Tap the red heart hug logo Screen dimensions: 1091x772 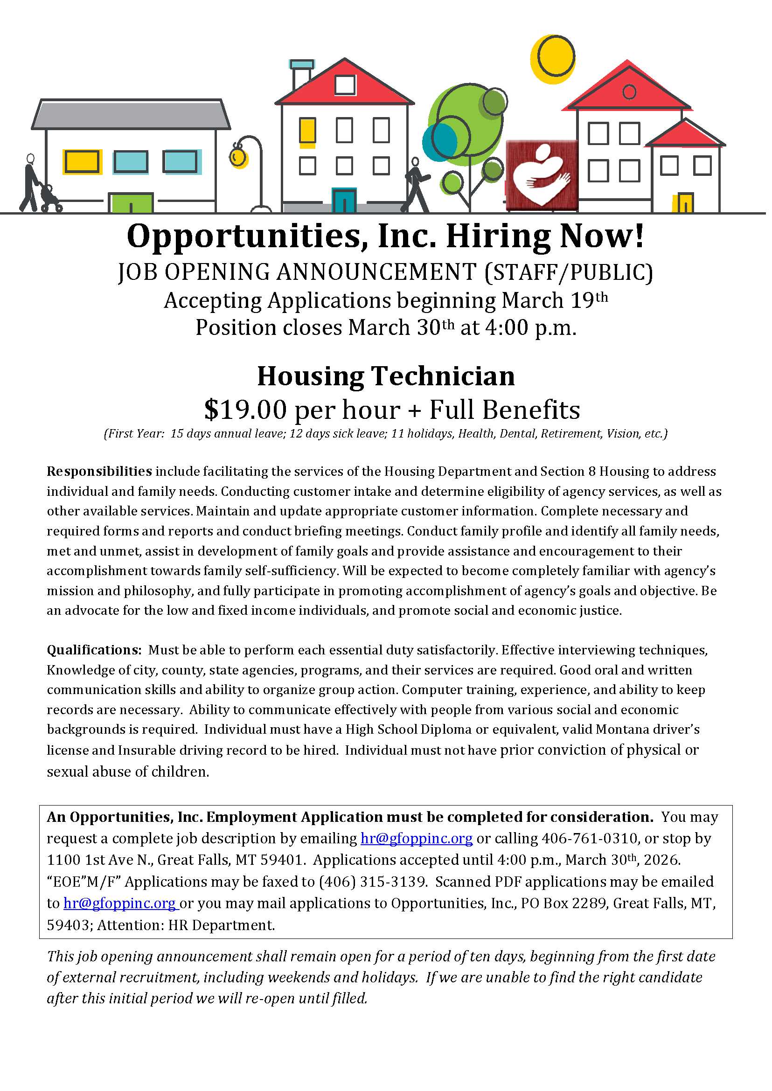(x=542, y=174)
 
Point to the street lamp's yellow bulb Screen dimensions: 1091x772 (x=237, y=157)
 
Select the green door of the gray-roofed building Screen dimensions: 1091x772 (x=131, y=203)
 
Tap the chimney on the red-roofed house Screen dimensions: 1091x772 (x=301, y=74)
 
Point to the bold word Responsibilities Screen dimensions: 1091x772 (x=99, y=472)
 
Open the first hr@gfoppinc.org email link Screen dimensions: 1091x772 (x=417, y=838)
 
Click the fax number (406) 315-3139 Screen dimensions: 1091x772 (x=373, y=882)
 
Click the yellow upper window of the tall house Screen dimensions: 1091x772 (x=307, y=131)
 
